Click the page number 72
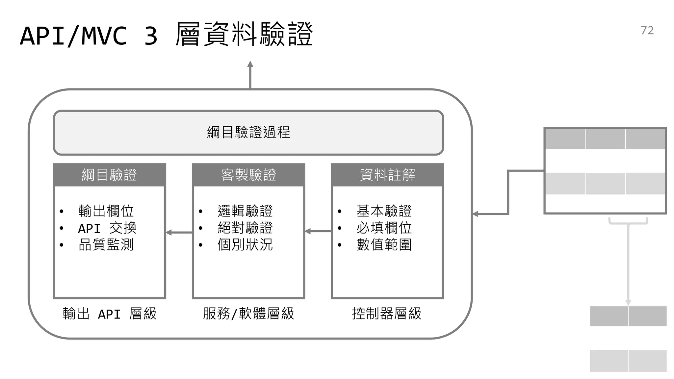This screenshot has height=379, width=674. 647,30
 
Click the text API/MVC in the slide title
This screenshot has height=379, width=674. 73,36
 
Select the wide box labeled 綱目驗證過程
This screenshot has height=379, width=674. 248,133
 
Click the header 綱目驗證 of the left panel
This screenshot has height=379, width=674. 109,175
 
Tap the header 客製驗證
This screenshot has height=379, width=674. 248,175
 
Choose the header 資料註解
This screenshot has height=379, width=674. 387,175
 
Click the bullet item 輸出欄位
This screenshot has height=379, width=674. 106,211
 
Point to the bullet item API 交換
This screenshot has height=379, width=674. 107,228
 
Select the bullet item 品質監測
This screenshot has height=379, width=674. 106,245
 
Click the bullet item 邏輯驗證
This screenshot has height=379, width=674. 245,211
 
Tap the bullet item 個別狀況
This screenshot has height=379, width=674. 245,245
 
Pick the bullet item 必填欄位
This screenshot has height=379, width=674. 384,228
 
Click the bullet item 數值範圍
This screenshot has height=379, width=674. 384,245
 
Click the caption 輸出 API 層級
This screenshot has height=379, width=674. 109,314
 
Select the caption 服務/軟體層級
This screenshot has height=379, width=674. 248,314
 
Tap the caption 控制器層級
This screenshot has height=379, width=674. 387,314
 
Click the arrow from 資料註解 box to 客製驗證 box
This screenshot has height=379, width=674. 318,231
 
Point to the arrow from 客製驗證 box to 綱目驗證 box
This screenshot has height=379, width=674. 179,233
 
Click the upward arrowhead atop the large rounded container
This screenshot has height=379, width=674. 250,64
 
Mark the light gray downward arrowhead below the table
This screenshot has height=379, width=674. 628,302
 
